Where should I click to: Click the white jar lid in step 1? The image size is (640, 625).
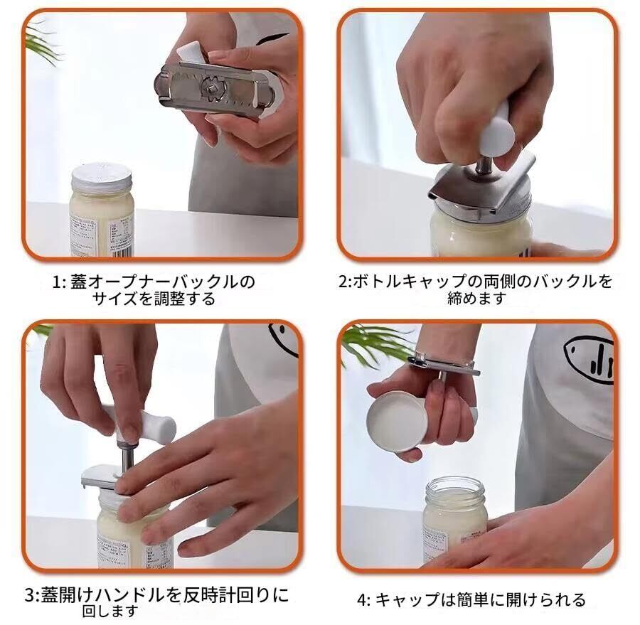pyautogui.click(x=102, y=178)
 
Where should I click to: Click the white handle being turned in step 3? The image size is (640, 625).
pyautogui.click(x=143, y=425)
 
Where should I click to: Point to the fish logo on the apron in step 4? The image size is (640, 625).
pyautogui.click(x=589, y=360)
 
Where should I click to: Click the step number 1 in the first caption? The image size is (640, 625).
pyautogui.click(x=56, y=282)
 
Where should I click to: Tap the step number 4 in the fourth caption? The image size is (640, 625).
pyautogui.click(x=362, y=600)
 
